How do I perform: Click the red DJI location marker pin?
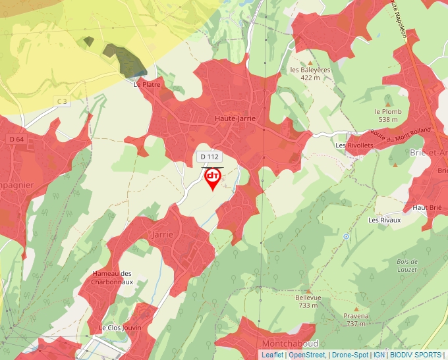pyautogui.click(x=212, y=178)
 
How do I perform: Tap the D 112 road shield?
pyautogui.click(x=209, y=156)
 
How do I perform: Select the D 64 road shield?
pyautogui.click(x=16, y=139)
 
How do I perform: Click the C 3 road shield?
pyautogui.click(x=62, y=101)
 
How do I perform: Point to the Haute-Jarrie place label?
pyautogui.click(x=235, y=118)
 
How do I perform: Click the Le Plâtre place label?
pyautogui.click(x=147, y=84)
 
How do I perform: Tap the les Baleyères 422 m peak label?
pyautogui.click(x=310, y=73)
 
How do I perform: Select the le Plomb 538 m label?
pyautogui.click(x=388, y=115)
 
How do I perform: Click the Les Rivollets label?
pyautogui.click(x=350, y=145)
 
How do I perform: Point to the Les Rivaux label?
pyautogui.click(x=385, y=220)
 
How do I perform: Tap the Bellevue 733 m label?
pyautogui.click(x=308, y=301)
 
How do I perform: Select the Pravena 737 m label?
pyautogui.click(x=356, y=319)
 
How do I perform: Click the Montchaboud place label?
pyautogui.click(x=290, y=344)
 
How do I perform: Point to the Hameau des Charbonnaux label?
pyautogui.click(x=113, y=278)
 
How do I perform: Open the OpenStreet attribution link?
pyautogui.click(x=307, y=355)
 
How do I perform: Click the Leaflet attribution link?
pyautogui.click(x=272, y=355)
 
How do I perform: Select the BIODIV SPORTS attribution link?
pyautogui.click(x=416, y=355)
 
